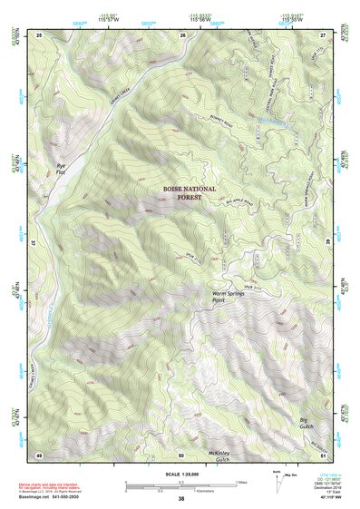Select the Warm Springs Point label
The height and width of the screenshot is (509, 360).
230,298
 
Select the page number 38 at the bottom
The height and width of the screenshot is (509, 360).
181,499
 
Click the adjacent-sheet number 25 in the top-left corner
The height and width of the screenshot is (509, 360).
39,34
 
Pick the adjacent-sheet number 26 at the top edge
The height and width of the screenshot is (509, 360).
182,34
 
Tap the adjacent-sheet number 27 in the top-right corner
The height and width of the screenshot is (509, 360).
323,34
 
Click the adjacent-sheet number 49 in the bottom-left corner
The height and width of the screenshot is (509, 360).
39,454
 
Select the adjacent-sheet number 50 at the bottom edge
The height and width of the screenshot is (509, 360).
181,454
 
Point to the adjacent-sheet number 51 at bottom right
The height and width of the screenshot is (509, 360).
323,454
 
